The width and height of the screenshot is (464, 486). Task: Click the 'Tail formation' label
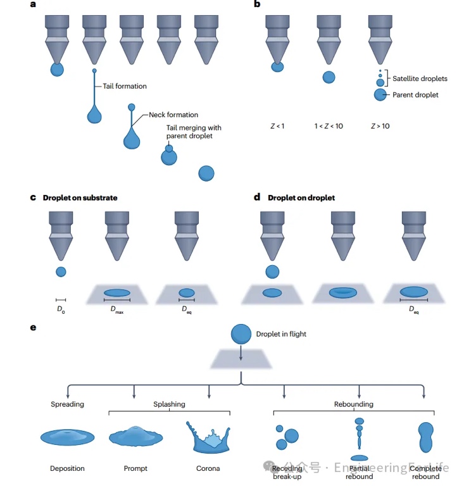coord(125,86)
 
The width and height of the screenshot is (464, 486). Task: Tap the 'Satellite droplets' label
coord(420,78)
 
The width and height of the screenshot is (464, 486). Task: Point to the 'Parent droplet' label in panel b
coord(415,95)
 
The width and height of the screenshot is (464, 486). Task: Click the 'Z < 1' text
coord(277,127)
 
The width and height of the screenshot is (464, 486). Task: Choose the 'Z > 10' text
coord(380,127)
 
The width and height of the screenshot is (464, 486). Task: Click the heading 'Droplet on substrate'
coord(80,197)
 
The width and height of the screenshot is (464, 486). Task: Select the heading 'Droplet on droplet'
coord(301,197)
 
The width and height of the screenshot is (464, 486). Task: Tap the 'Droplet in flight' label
coord(281,333)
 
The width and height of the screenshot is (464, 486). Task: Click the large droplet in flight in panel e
coord(241,333)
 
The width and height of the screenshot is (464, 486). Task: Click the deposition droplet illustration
coord(67,437)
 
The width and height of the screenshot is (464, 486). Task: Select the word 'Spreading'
coord(67,404)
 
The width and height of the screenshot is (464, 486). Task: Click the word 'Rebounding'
coord(353,404)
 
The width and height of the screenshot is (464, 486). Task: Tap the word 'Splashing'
coord(169,404)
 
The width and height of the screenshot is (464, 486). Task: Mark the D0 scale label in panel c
coord(61,309)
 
